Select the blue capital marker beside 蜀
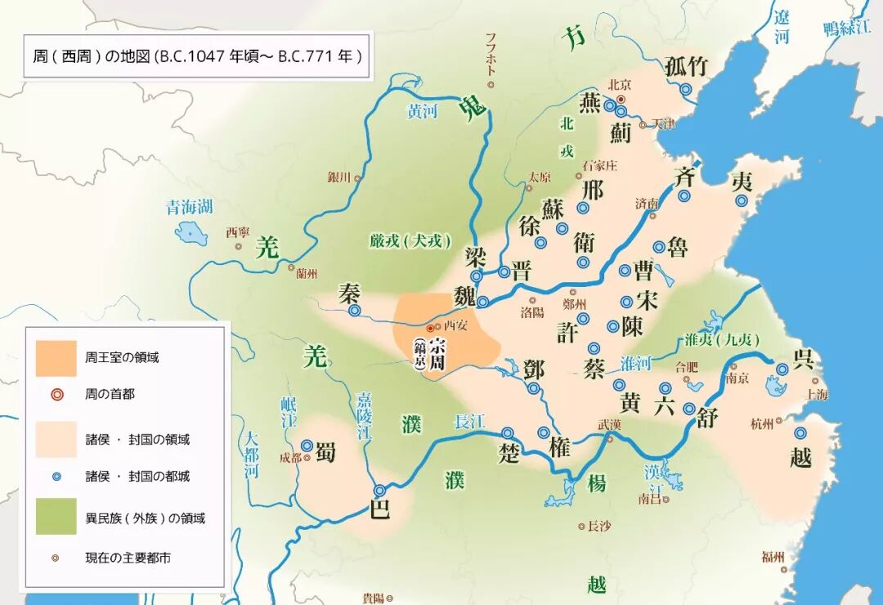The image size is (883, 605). click(x=307, y=446)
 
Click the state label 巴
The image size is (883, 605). click(x=380, y=508)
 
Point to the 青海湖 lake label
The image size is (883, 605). click(x=190, y=206)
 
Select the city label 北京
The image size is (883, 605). click(x=620, y=84)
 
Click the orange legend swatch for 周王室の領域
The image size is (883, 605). click(x=56, y=358)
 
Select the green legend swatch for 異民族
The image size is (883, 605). click(x=56, y=517)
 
